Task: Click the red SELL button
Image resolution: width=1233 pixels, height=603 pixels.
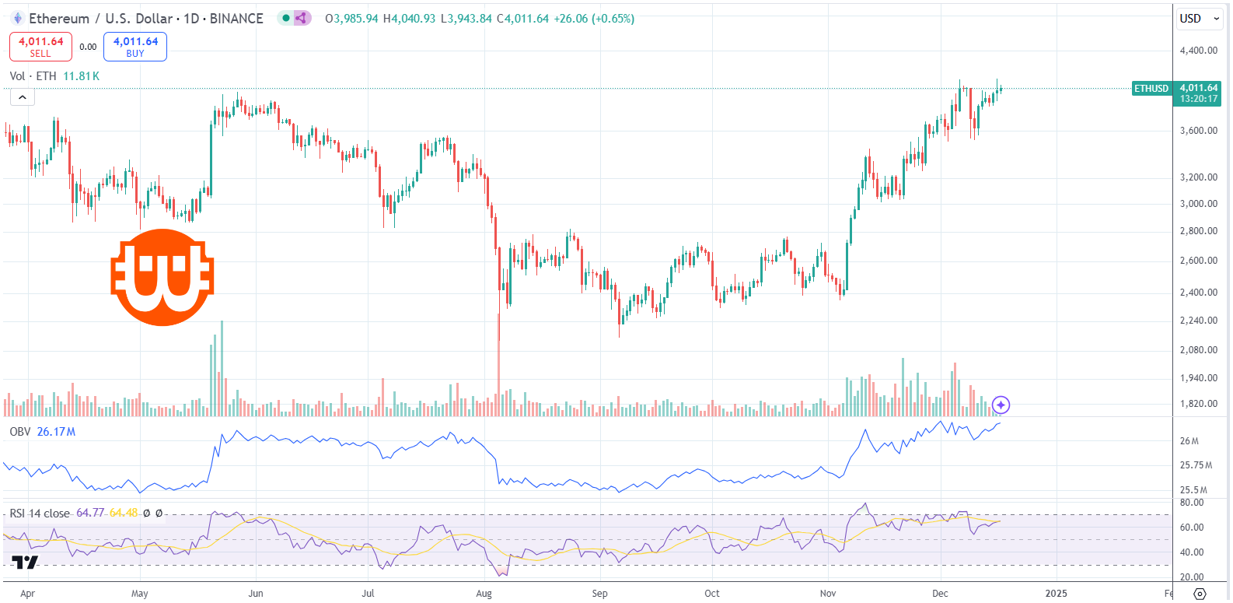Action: pyautogui.click(x=40, y=47)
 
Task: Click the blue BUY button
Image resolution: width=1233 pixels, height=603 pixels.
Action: pyautogui.click(x=135, y=47)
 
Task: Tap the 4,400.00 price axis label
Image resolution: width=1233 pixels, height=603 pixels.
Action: pyautogui.click(x=1198, y=51)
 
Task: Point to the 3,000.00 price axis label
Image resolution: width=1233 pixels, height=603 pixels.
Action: pyautogui.click(x=1198, y=204)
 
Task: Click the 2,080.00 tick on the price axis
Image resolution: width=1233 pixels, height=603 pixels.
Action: pyautogui.click(x=1198, y=350)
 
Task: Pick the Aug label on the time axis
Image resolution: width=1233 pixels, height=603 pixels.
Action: pyautogui.click(x=484, y=594)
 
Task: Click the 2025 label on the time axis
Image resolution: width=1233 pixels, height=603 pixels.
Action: pyautogui.click(x=1056, y=594)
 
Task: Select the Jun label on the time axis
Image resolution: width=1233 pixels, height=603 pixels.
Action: pyautogui.click(x=255, y=594)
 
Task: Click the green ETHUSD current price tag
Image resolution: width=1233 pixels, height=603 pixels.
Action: pyautogui.click(x=1151, y=89)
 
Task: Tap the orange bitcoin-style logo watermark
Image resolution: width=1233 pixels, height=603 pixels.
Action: pyautogui.click(x=162, y=277)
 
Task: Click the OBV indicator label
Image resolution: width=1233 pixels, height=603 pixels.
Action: pyautogui.click(x=20, y=432)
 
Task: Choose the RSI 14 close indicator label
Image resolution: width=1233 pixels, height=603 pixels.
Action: pyautogui.click(x=39, y=514)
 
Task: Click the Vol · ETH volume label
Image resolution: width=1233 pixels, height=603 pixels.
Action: pyautogui.click(x=33, y=76)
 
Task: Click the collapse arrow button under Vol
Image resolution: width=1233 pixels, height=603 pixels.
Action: pyautogui.click(x=22, y=97)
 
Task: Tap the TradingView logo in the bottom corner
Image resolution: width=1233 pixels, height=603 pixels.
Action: pyautogui.click(x=25, y=563)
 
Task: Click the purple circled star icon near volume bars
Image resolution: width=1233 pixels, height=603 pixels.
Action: pyautogui.click(x=1001, y=405)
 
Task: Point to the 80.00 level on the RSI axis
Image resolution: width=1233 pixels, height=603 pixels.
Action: pyautogui.click(x=1192, y=503)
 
